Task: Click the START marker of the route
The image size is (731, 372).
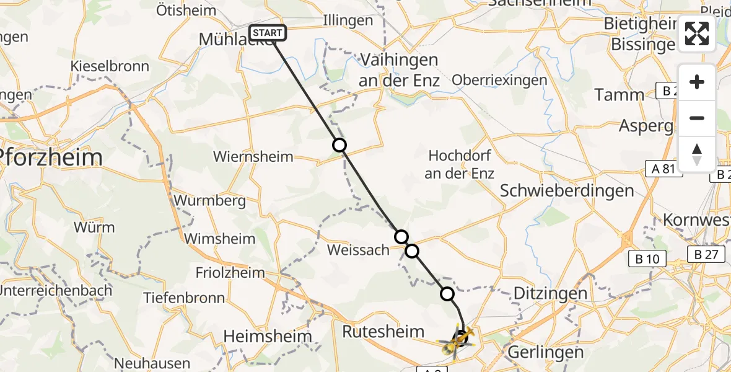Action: [x=268, y=33]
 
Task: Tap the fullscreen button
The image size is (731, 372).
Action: [x=697, y=33]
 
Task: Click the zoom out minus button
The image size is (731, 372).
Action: [x=697, y=118]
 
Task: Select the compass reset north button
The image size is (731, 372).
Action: [x=697, y=154]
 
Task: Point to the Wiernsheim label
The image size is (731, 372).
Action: [x=252, y=156]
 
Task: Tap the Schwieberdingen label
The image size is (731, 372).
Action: [x=567, y=190]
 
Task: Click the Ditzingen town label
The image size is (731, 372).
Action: [x=550, y=293]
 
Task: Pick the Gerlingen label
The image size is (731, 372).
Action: [x=545, y=352]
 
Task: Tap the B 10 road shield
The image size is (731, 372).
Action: [x=649, y=259]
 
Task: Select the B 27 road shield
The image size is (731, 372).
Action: [x=706, y=254]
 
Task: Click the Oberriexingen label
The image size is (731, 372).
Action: [x=499, y=80]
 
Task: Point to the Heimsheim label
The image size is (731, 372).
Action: [x=268, y=336]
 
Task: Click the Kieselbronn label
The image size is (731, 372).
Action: [x=110, y=66]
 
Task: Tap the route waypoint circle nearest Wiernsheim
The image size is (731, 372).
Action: [x=339, y=145]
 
